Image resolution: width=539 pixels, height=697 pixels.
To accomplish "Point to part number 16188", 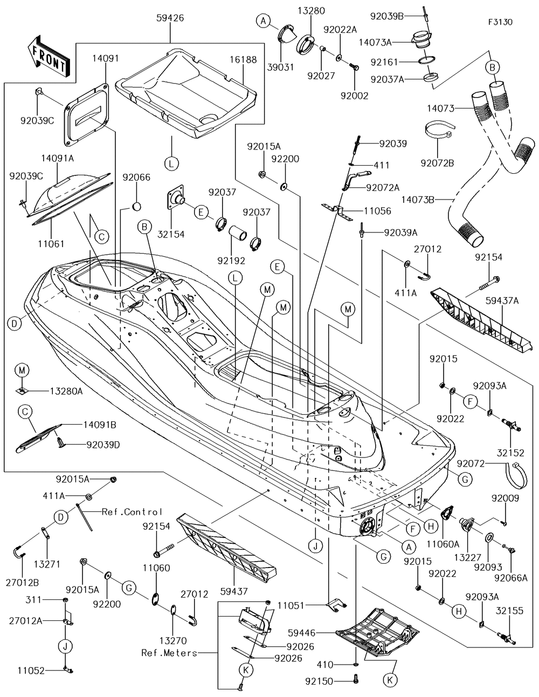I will point(245,60).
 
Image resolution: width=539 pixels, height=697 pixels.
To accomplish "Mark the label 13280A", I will point(67,391).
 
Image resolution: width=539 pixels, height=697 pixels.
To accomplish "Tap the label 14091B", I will point(100,425).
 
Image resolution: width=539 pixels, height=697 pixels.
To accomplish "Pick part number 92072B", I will point(437,162).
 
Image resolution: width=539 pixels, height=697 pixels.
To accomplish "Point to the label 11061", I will point(52,244).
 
